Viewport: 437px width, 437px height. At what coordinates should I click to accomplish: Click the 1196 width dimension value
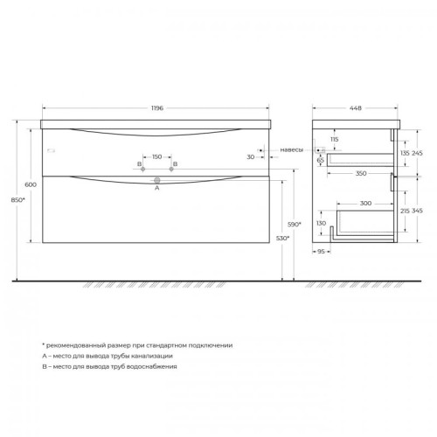(156, 108)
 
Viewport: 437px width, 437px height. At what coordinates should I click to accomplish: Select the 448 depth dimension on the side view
(355, 108)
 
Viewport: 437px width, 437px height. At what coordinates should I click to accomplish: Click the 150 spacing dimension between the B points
(156, 157)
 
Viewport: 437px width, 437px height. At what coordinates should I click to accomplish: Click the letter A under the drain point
(156, 187)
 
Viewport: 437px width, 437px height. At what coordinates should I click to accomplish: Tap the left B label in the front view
(139, 163)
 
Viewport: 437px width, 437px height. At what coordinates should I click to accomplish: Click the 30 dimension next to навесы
(250, 157)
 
